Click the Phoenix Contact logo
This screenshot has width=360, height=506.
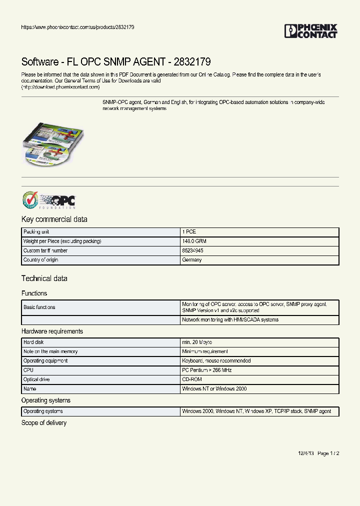pos(311,31)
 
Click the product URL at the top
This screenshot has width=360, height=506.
pos(77,27)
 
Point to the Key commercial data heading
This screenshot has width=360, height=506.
pos(54,219)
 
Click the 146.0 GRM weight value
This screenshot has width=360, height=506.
pos(194,241)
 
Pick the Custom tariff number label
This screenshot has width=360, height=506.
pos(45,251)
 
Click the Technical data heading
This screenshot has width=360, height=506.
pos(44,278)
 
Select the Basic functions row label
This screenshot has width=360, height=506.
pos(39,307)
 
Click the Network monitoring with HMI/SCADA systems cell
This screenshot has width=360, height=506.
pos(230,320)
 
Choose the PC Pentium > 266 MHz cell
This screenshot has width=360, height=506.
pos(207,370)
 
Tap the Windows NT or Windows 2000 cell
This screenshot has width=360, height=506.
pos(214,389)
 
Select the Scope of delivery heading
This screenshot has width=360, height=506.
pos(44,423)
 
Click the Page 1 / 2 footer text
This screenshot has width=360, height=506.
pos(328,453)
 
